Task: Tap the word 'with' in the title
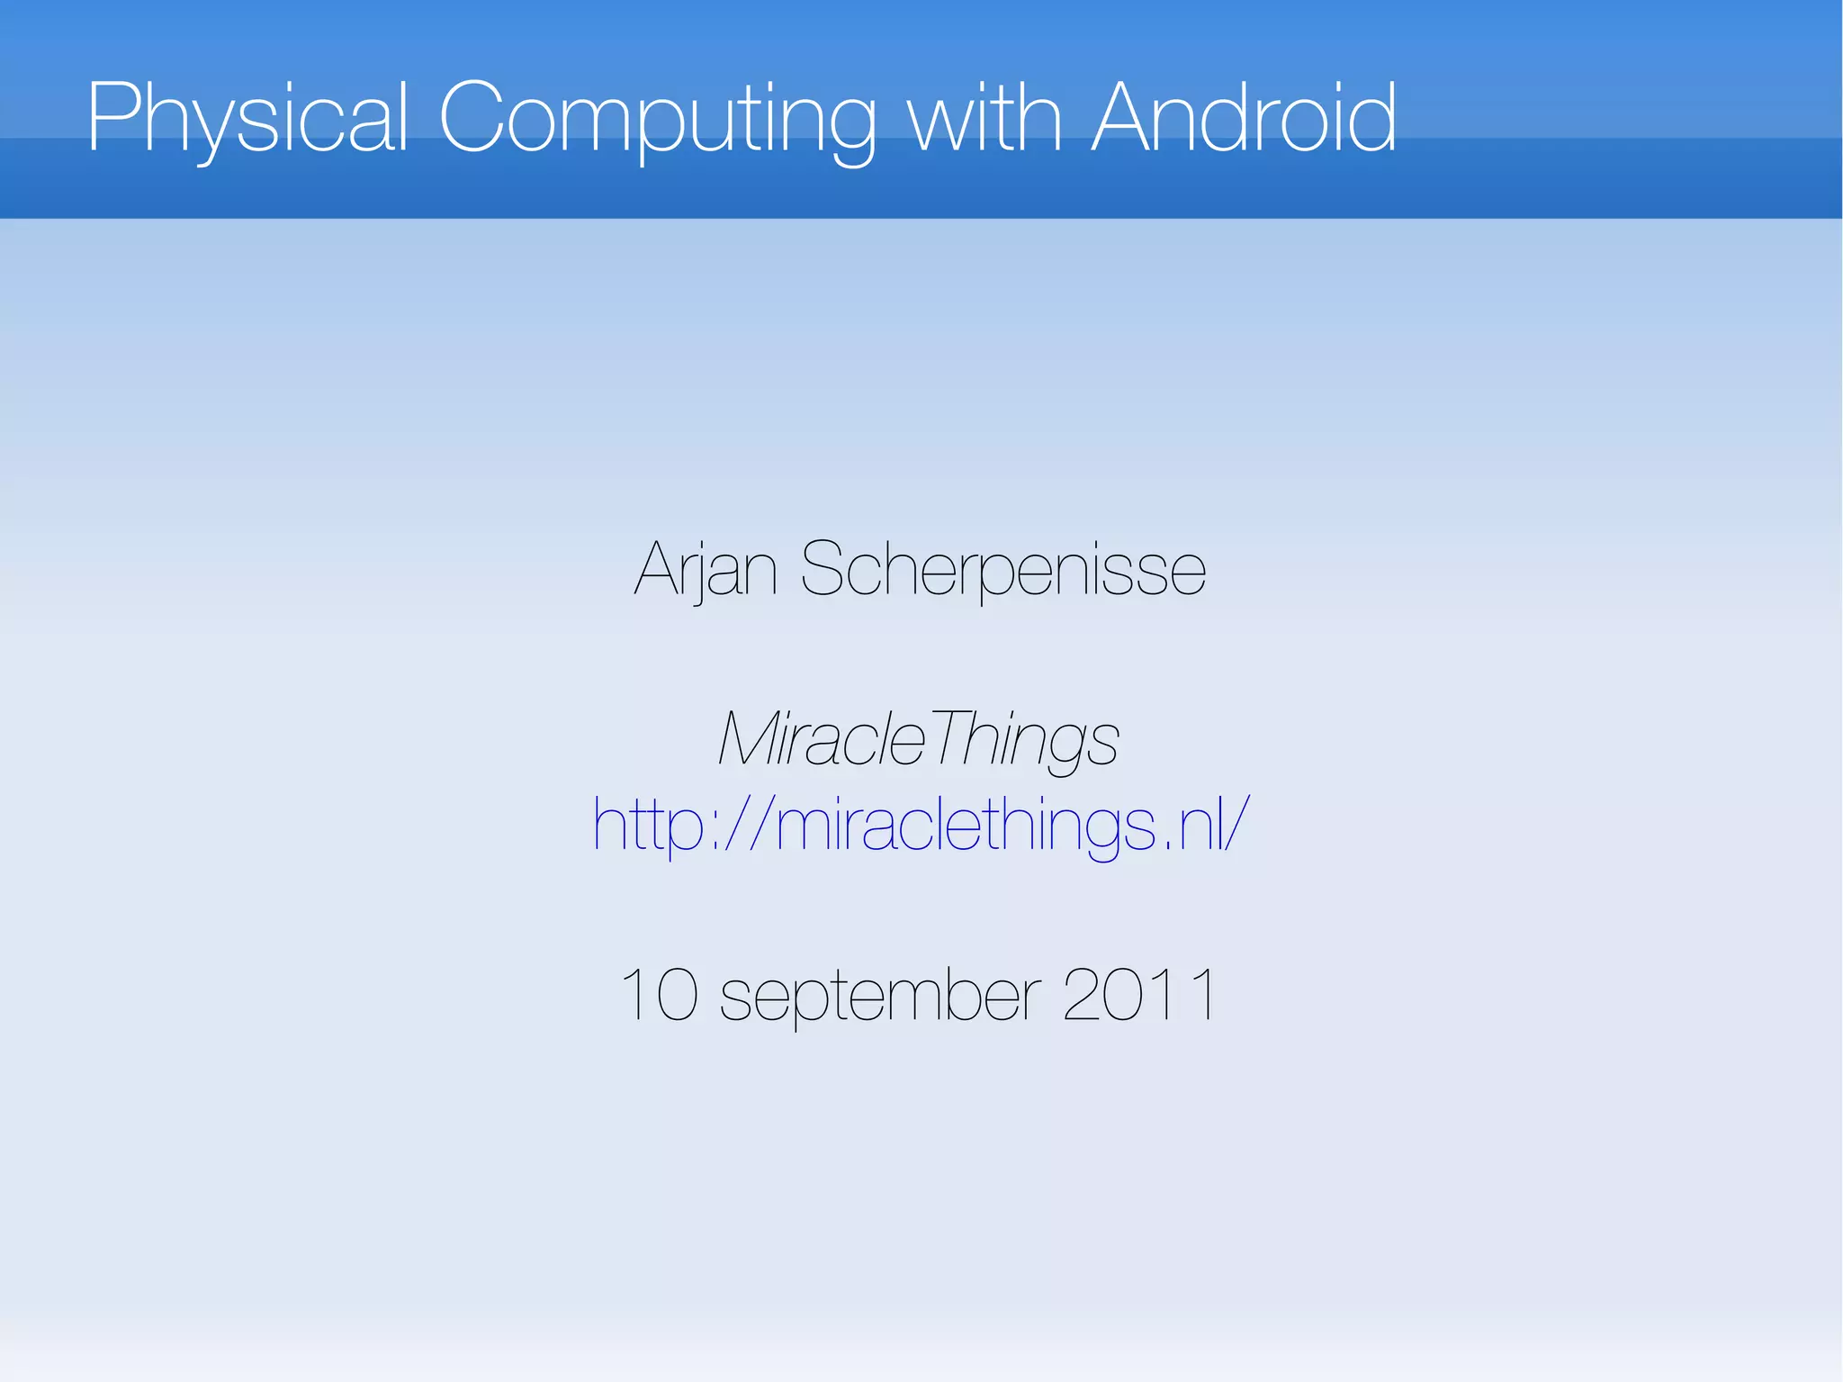[984, 118]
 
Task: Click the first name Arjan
[706, 570]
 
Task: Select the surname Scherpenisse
[1002, 570]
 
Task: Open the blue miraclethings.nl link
[921, 825]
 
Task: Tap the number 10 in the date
[660, 995]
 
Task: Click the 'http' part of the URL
[647, 825]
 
